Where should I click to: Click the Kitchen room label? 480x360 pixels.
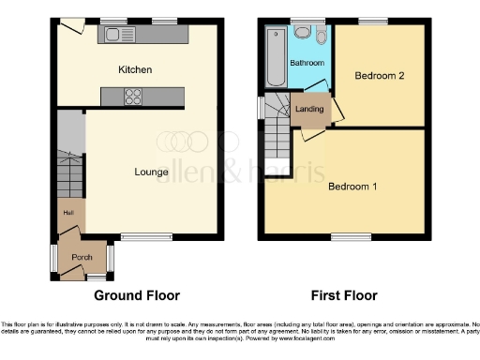coord(135,69)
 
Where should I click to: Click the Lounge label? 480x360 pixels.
coord(151,172)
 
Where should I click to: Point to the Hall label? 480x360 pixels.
coord(67,212)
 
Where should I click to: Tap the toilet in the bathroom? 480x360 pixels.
coord(322,37)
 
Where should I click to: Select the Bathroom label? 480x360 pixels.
coord(307,63)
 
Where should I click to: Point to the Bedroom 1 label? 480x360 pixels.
coord(352,186)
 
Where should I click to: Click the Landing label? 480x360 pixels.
coord(309,109)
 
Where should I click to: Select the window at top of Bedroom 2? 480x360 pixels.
coord(373,21)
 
